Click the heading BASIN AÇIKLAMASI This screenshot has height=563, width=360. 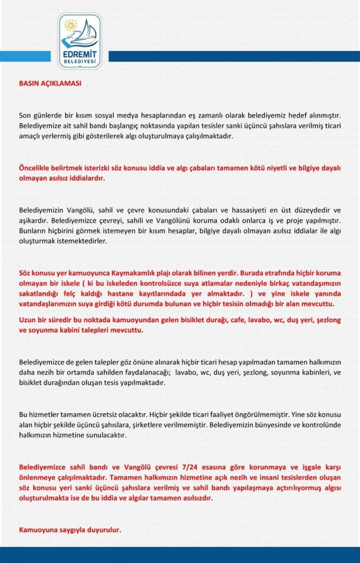[50, 84]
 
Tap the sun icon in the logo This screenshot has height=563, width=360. [70, 25]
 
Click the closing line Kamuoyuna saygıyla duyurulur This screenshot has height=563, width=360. [70, 530]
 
